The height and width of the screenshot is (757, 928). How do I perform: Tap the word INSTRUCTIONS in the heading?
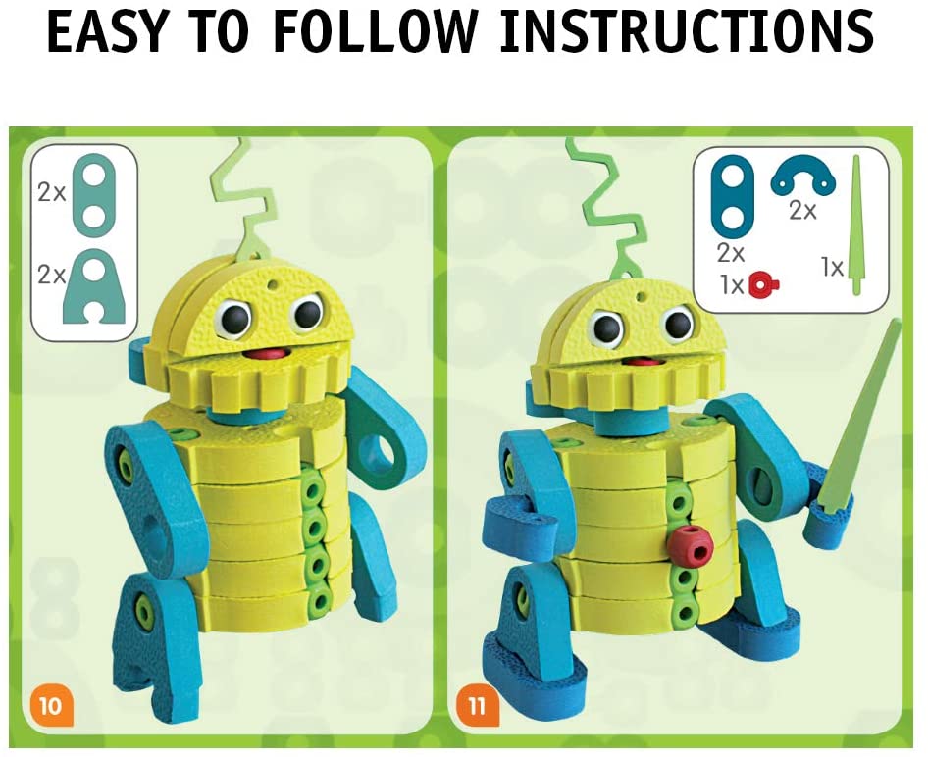point(688,32)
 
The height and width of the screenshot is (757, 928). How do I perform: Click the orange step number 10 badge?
point(48,703)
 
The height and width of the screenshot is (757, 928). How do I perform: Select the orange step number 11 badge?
point(476,703)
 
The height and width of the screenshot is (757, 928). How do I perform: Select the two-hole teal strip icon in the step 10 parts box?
point(92,192)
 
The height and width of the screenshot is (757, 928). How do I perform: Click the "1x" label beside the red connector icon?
point(730,284)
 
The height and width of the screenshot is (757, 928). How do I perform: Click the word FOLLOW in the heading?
point(378,32)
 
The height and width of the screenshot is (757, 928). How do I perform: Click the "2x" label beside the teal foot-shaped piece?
point(52,276)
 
